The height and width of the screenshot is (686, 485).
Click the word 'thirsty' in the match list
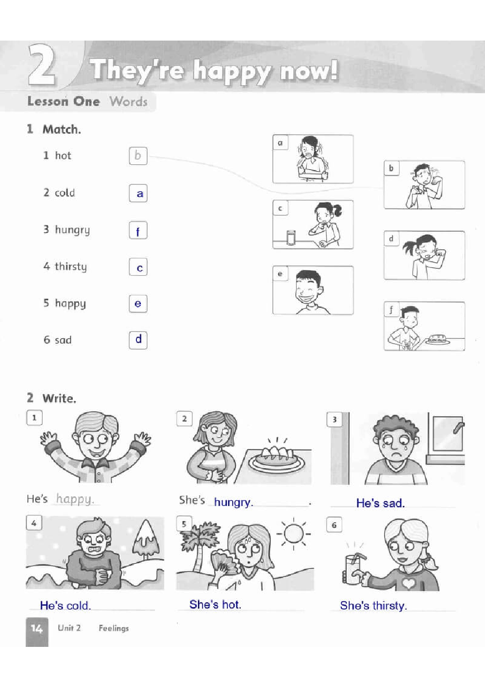[x=71, y=267]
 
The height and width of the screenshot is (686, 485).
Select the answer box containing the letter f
[x=138, y=230]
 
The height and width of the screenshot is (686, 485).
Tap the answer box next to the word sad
[x=138, y=340]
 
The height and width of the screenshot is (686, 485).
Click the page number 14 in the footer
[x=37, y=629]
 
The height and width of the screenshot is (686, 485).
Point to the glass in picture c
[x=291, y=238]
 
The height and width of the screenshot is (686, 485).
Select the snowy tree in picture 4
[x=146, y=540]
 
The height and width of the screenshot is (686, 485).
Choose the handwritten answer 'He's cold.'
[x=66, y=605]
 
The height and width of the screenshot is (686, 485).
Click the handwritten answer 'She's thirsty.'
[x=374, y=605]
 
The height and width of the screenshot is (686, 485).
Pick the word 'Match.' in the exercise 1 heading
[x=62, y=130]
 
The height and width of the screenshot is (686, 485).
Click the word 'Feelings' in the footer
[x=113, y=628]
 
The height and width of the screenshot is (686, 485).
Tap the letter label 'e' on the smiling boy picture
[x=280, y=274]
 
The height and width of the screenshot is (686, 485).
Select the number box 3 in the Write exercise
[x=335, y=419]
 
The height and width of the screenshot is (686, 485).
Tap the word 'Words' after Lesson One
[x=129, y=102]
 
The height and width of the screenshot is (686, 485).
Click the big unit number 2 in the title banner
[x=42, y=65]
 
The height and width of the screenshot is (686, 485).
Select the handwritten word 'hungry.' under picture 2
[x=234, y=503]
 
